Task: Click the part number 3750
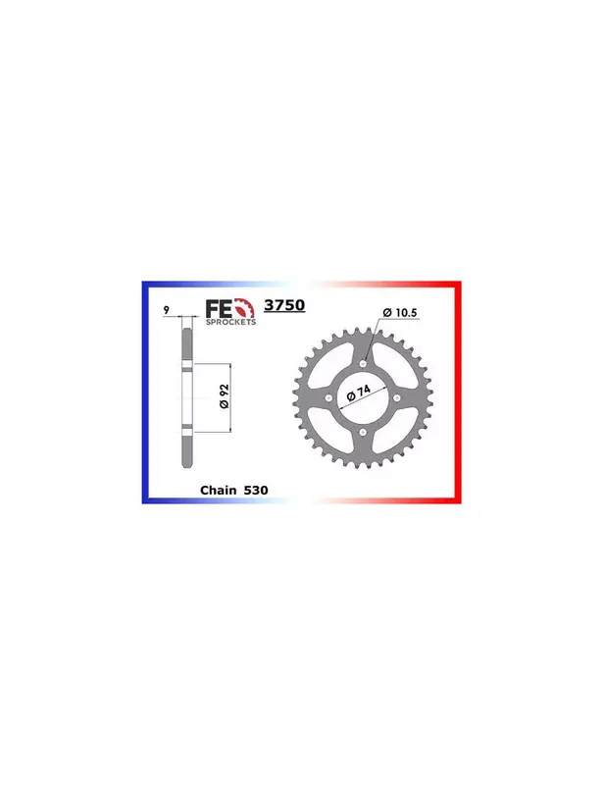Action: [284, 305]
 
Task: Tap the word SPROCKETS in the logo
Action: [230, 322]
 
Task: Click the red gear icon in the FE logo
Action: [244, 308]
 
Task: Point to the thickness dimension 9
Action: [166, 310]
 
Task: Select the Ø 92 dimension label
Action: [225, 396]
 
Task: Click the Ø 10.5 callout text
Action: [400, 313]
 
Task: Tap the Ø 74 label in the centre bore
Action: [358, 393]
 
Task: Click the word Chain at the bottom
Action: [219, 490]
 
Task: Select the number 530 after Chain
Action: [256, 490]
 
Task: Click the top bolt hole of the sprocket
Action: [364, 363]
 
